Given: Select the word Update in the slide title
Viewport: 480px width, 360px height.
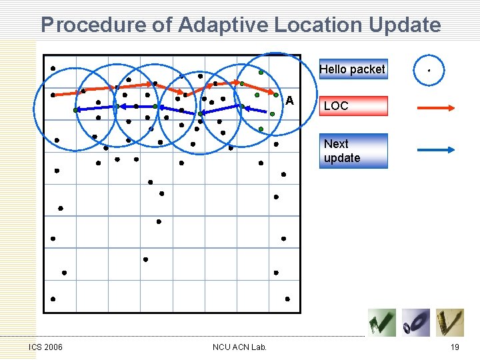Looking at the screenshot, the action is pyautogui.click(x=403, y=25).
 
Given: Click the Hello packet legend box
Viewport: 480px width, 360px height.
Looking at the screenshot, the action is pyautogui.click(x=353, y=69).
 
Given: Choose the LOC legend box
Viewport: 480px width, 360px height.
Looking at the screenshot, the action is pyautogui.click(x=353, y=106).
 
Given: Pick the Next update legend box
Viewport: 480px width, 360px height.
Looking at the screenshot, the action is pyautogui.click(x=353, y=151).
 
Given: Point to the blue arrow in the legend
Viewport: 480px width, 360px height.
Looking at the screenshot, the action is pyautogui.click(x=435, y=151).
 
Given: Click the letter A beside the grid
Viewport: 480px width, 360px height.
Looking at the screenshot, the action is pyautogui.click(x=289, y=101).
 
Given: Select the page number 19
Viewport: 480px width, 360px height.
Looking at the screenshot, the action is pyautogui.click(x=455, y=347).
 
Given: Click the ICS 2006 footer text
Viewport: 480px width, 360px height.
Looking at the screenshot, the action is pyautogui.click(x=46, y=347).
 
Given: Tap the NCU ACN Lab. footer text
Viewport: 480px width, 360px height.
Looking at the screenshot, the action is pyautogui.click(x=239, y=347).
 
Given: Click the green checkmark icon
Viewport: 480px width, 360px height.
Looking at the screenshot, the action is pyautogui.click(x=382, y=323).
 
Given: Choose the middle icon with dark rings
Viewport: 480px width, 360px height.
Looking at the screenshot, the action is pyautogui.click(x=416, y=323).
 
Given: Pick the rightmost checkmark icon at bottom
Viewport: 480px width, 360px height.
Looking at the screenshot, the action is pyautogui.click(x=450, y=323).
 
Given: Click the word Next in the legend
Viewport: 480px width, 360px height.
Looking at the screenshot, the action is pyautogui.click(x=336, y=144).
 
